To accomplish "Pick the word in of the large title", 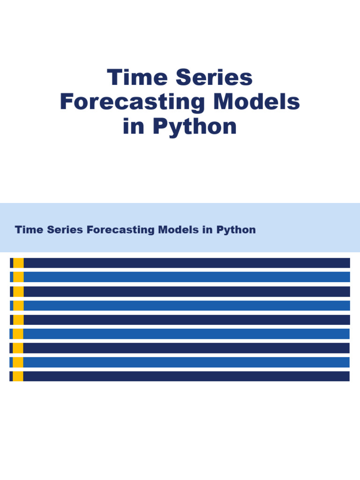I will (x=134, y=127).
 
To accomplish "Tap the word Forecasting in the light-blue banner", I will (x=120, y=230).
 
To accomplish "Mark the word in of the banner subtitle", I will (x=208, y=230).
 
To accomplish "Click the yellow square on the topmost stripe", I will (x=18, y=263).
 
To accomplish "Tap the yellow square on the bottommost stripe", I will (x=18, y=376).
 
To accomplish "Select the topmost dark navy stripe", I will (x=187, y=263).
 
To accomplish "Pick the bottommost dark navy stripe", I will (x=186, y=376).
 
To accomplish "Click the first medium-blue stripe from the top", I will (x=187, y=277).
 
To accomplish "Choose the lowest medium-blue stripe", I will (x=186, y=362).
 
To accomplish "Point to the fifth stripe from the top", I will (x=187, y=320).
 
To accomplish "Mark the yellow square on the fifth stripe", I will (x=18, y=320).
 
